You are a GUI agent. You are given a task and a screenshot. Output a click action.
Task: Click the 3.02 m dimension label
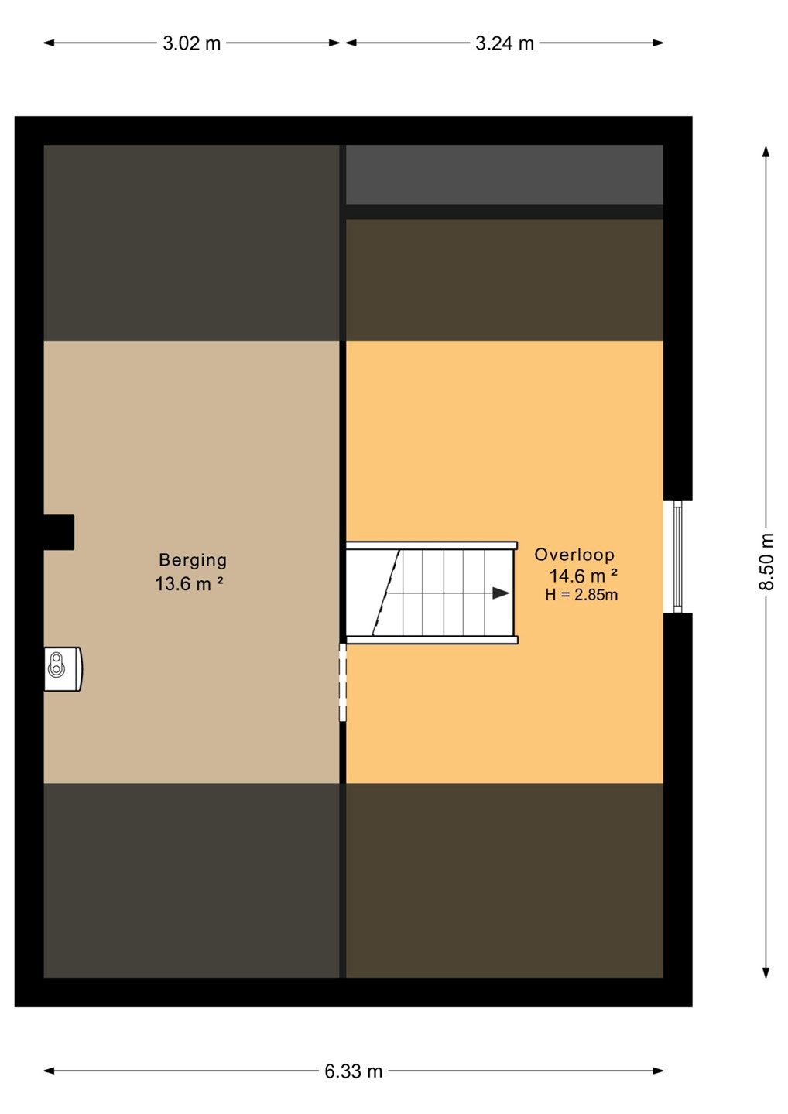coord(191,43)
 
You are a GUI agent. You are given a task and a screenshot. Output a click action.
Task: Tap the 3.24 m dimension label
coord(505,43)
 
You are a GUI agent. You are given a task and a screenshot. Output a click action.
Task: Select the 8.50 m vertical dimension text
coord(766,562)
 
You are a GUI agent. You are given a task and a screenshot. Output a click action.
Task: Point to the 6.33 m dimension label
coord(354,1071)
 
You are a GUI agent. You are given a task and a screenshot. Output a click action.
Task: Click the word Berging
coord(193,560)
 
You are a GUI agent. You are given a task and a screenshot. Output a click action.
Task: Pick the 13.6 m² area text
coord(189,583)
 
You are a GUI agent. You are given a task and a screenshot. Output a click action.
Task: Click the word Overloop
coord(574,555)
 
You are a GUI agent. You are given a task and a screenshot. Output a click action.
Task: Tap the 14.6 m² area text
coord(583,576)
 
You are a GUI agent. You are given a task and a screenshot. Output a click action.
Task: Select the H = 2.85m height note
coord(581,595)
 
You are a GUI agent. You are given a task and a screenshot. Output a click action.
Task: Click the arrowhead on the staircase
coord(501,593)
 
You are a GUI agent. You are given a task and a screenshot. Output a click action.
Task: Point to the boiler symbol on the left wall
coord(63,669)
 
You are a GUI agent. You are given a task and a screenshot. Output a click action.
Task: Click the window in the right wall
coord(677,556)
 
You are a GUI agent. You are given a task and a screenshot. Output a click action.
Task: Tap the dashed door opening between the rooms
coord(342,682)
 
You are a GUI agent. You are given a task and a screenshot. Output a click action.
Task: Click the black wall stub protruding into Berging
coord(59,532)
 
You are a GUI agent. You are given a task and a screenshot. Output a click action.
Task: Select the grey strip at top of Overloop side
coord(505,175)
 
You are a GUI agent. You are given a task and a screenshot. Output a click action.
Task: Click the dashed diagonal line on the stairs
coord(386,593)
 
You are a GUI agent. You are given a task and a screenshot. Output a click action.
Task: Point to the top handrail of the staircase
coord(432,545)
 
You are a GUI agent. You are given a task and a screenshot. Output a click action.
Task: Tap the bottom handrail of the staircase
coord(432,640)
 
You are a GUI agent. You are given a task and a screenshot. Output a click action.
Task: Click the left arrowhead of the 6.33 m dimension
coord(50,1071)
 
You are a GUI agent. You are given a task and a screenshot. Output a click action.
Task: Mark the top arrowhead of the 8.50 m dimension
coord(766,151)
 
